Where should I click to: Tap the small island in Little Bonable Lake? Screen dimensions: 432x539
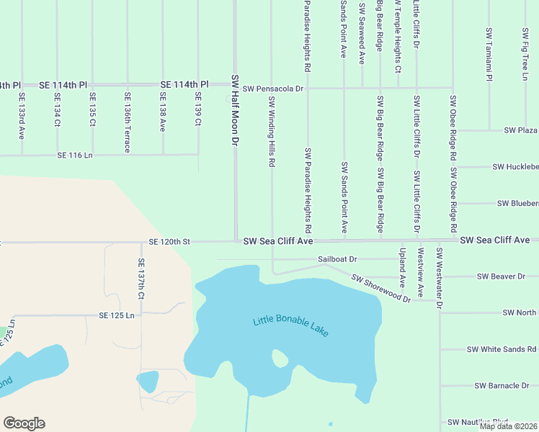coord(280,358)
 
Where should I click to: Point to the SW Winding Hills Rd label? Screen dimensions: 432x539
coord(272,132)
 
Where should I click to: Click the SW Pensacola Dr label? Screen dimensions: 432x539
coord(274,89)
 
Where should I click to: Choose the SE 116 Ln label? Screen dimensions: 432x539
coord(76,155)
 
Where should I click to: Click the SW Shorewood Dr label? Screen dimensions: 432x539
coord(380,288)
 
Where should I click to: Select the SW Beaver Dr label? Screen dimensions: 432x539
coord(502,276)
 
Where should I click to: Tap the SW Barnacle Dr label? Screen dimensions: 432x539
coord(502,386)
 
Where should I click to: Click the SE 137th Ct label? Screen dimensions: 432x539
coord(141,279)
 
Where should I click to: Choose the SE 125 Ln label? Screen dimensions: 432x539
coord(117,315)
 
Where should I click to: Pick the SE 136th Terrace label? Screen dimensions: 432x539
coord(128,122)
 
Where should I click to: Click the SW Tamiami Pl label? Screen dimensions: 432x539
coord(489,54)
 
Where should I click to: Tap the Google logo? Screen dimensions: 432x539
coord(24,423)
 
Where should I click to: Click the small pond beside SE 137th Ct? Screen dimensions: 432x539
coord(148,381)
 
